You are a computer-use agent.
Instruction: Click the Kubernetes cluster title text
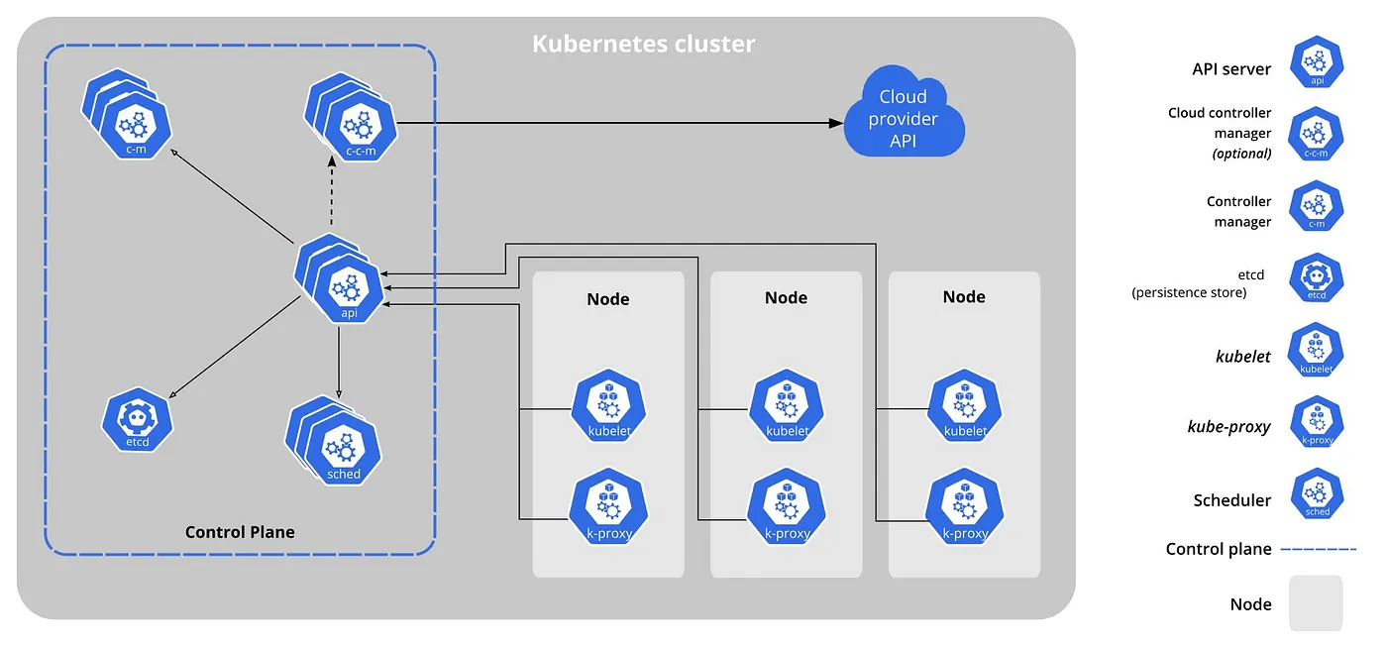pos(643,45)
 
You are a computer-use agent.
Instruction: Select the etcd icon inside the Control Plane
pos(138,420)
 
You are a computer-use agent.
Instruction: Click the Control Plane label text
pos(240,532)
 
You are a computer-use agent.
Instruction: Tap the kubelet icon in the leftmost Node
pos(608,405)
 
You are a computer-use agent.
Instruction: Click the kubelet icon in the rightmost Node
pos(965,405)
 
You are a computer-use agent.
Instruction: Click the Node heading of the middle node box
pos(786,297)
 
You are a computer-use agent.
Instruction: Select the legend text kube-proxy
pos(1228,427)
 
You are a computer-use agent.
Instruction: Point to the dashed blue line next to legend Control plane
pos(1318,548)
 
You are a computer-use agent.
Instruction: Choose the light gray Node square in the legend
pos(1316,603)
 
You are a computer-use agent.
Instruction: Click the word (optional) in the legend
pos(1241,154)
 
